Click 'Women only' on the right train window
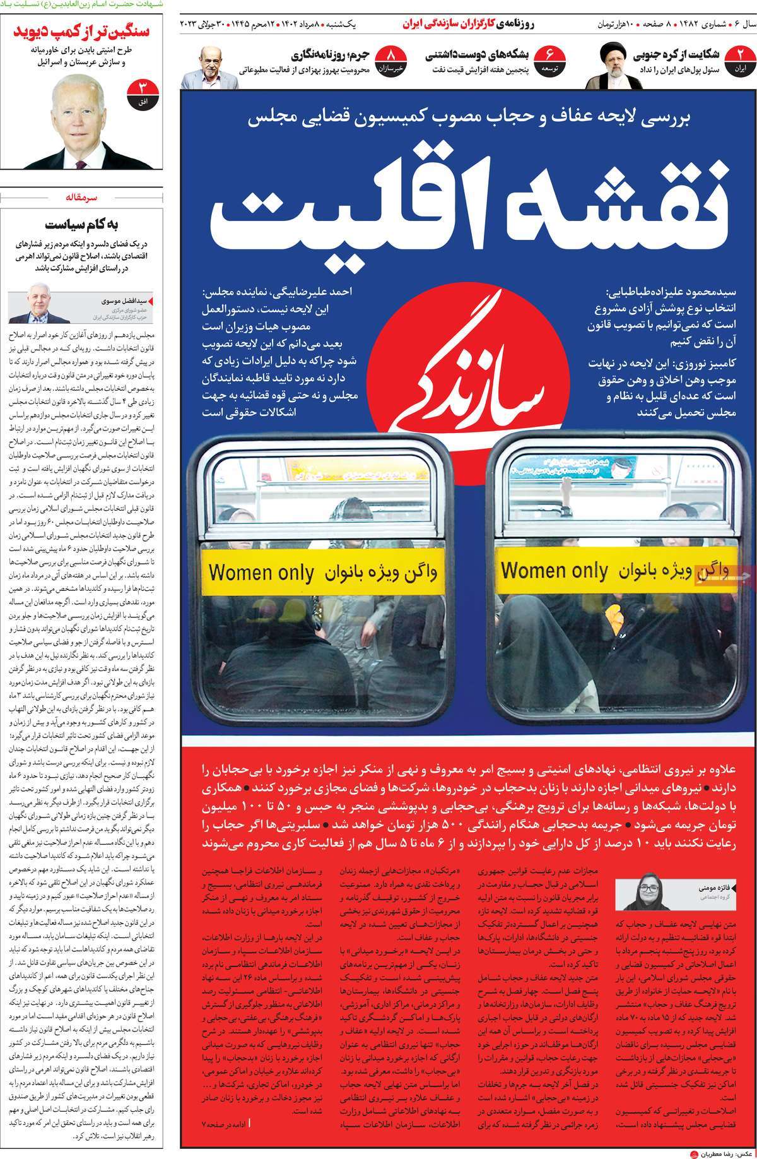tap(555, 571)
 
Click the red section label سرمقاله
tap(83, 198)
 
